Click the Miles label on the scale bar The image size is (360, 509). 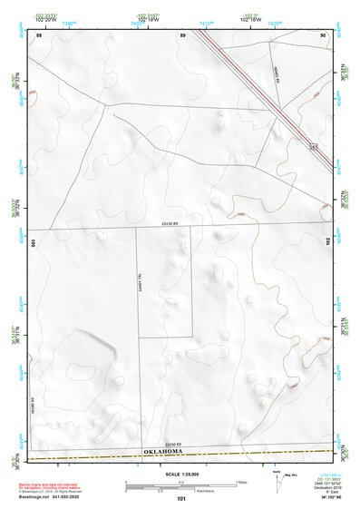241,481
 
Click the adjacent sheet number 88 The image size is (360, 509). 40,34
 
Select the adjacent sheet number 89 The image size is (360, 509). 182,34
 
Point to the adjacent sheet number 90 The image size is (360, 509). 324,34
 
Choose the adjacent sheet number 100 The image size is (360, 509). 34,243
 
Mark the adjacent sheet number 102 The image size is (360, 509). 328,241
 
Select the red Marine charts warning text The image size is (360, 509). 57,486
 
